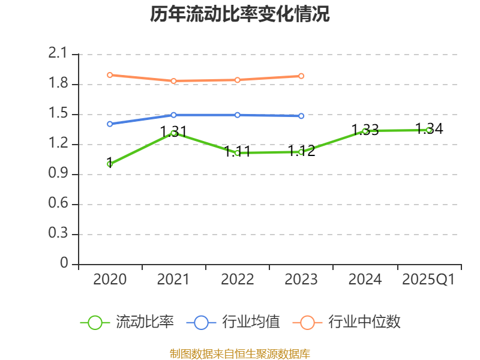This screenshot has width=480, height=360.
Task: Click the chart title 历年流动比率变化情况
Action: point(240,14)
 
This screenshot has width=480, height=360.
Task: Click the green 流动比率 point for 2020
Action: point(110,164)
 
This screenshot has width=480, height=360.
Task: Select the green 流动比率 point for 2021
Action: point(173,133)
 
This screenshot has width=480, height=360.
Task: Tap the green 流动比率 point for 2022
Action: point(238,153)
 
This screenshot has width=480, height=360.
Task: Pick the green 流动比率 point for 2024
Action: point(365,131)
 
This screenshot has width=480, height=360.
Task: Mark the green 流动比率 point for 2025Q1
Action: point(428,130)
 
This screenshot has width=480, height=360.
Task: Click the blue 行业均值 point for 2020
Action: point(110,124)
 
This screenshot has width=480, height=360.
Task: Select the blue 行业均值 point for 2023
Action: point(301,116)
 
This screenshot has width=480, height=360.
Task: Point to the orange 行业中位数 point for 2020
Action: point(110,75)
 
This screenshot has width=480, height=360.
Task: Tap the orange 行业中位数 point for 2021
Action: point(173,81)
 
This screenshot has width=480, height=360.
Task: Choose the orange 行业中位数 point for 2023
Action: point(301,76)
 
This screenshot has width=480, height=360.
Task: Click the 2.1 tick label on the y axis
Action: point(58,54)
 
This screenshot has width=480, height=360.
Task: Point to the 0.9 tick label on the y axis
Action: point(58,174)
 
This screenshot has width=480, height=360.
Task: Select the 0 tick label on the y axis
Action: point(65,264)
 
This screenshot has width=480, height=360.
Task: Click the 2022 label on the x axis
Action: point(238,280)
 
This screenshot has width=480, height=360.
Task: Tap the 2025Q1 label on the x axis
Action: point(428,280)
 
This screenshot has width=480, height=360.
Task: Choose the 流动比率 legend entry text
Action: point(145,322)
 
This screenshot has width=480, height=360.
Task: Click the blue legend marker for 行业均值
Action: point(201,322)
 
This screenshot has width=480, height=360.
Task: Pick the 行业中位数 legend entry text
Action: point(364,322)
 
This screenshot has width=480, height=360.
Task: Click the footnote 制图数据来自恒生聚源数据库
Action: point(240,353)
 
